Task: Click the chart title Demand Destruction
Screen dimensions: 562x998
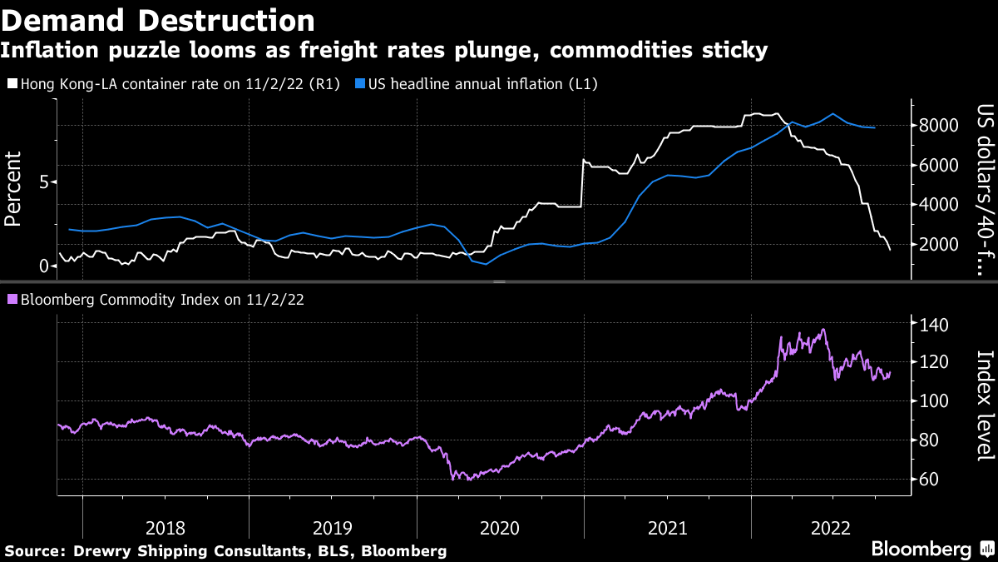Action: (x=158, y=20)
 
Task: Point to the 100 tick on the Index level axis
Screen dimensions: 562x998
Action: (x=934, y=401)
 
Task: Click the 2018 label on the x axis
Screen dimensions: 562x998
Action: (x=165, y=527)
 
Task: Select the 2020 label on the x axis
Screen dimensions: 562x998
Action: (x=499, y=527)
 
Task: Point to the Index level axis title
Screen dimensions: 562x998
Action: (x=986, y=405)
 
